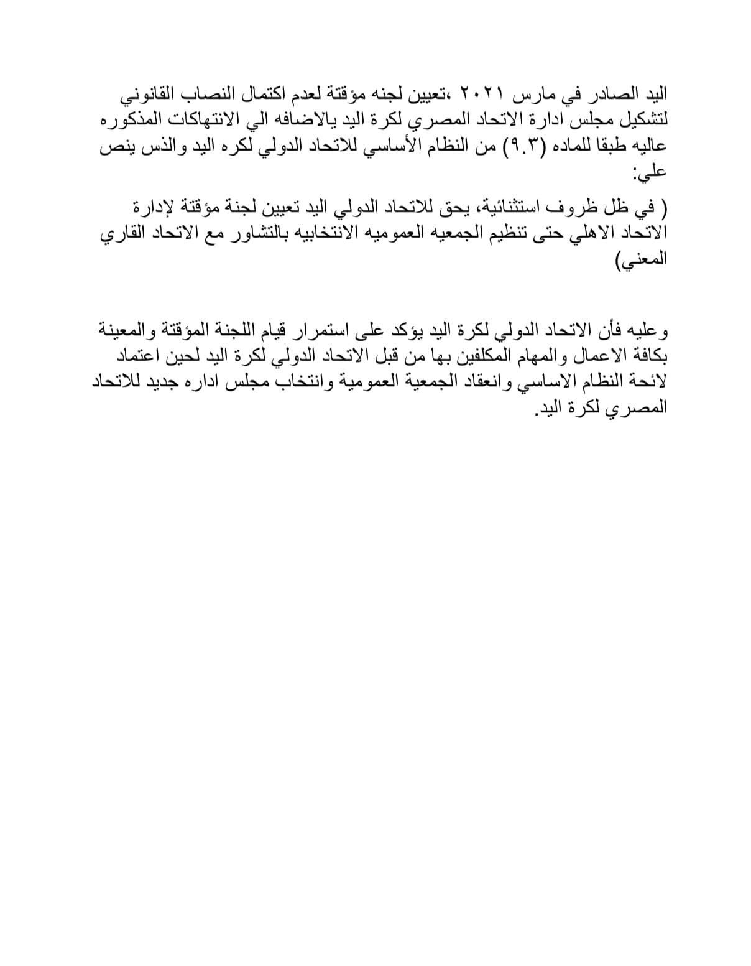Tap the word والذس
pyautogui.click(x=149, y=149)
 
